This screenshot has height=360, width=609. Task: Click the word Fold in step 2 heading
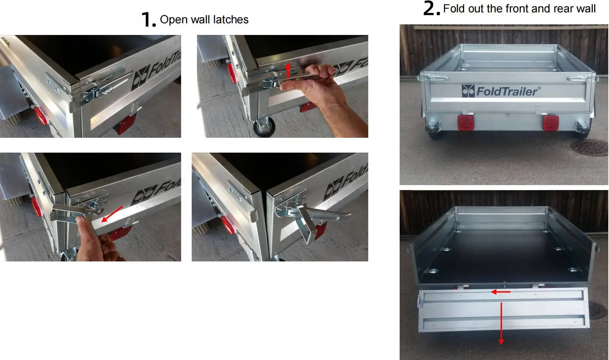(454, 8)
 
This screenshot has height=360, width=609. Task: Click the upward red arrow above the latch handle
(288, 70)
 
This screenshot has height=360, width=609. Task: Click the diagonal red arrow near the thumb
(112, 214)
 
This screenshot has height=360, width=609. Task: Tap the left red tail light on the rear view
(465, 123)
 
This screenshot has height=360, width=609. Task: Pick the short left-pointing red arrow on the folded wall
(500, 292)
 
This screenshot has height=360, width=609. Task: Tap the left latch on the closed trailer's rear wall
(435, 77)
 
